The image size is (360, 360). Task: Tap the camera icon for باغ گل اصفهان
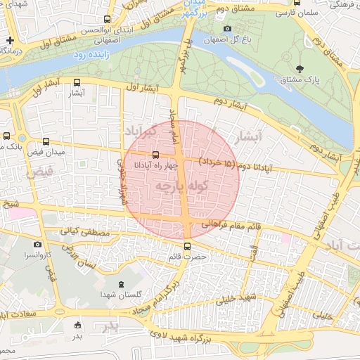point(226,29)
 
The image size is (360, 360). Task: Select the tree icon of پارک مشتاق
point(300,68)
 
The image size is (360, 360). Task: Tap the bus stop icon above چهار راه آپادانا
point(155,155)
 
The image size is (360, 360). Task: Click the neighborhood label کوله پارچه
point(182,186)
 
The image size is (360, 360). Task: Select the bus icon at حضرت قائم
point(187,245)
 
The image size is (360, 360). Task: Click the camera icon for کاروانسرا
point(37,244)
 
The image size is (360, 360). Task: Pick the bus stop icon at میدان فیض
point(46,141)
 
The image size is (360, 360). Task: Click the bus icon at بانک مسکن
point(6,136)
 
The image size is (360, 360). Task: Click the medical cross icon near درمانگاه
point(11,40)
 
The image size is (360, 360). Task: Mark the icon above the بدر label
point(77,325)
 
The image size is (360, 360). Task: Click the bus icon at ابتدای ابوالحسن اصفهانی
point(107,20)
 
